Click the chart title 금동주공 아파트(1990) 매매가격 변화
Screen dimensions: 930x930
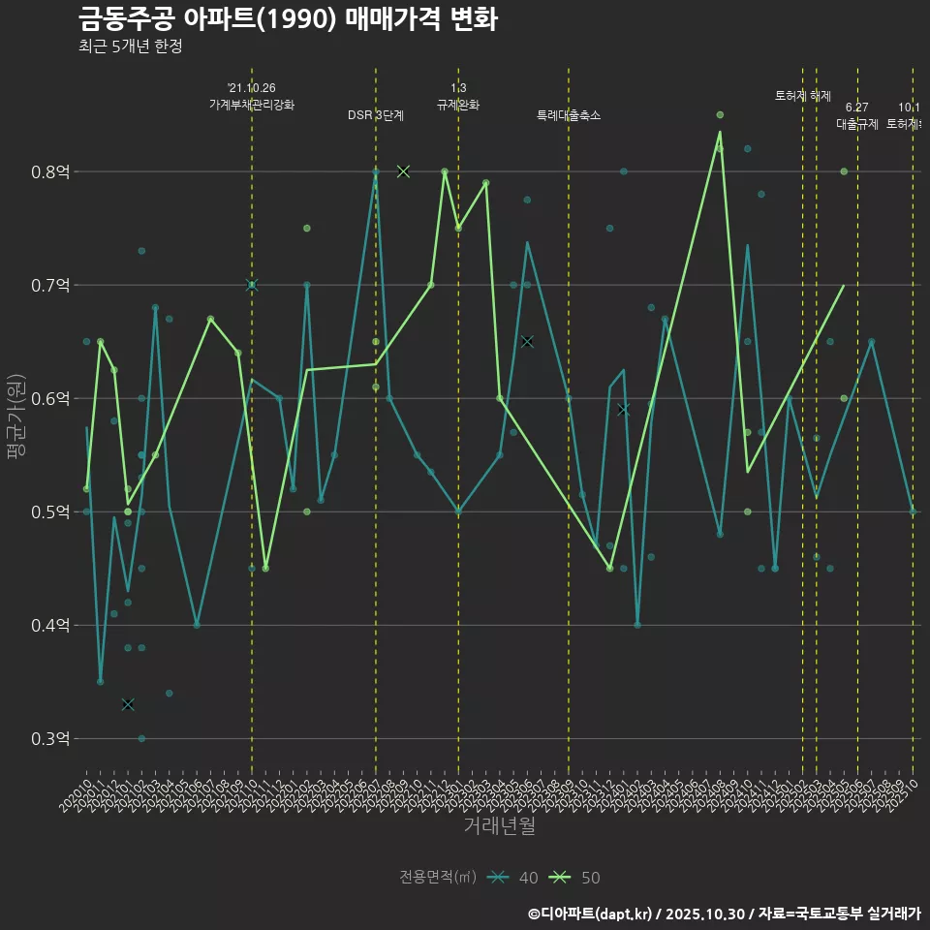click(x=288, y=18)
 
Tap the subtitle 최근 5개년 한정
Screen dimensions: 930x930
click(x=130, y=46)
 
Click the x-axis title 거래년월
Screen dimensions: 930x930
click(x=499, y=826)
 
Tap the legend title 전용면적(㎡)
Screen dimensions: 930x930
click(x=438, y=878)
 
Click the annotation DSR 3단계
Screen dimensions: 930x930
click(x=376, y=115)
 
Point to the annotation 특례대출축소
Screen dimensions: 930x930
click(x=569, y=115)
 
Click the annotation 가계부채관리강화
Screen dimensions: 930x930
click(x=252, y=105)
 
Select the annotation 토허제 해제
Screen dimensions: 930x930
click(x=803, y=96)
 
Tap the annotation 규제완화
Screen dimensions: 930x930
click(x=458, y=105)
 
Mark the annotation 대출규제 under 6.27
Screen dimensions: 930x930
click(x=857, y=124)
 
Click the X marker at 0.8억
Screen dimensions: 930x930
click(x=403, y=171)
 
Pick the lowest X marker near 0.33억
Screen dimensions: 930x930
click(x=128, y=704)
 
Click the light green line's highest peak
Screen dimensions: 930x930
click(x=720, y=132)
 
